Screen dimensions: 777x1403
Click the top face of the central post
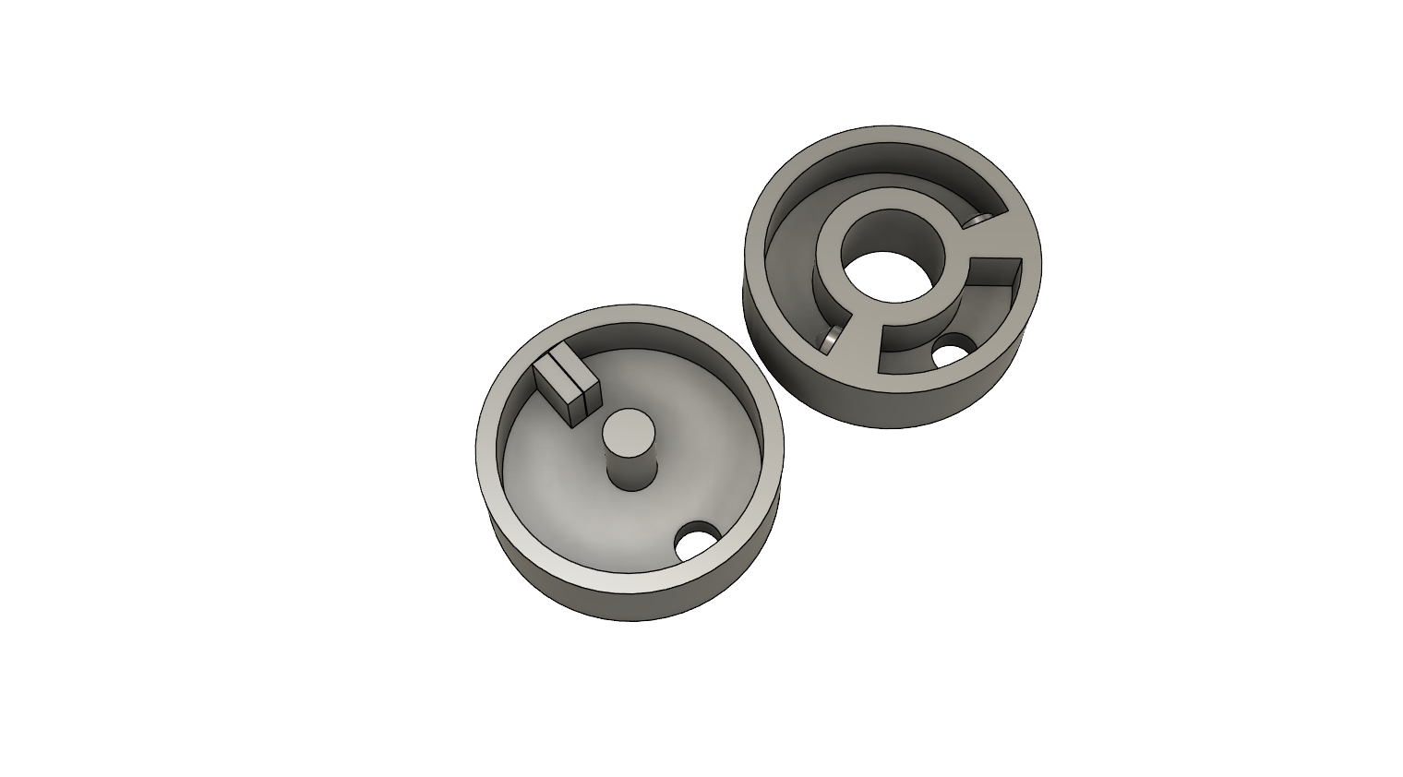(629, 430)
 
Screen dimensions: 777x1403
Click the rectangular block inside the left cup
(567, 388)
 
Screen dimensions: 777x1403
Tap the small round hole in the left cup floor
(698, 541)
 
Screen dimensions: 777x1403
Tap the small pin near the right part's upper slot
(979, 221)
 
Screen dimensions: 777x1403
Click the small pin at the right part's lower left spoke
(833, 338)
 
